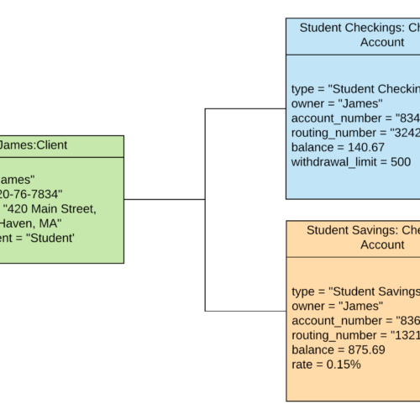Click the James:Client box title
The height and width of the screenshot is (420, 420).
point(34,145)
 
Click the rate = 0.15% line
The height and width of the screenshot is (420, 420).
point(328,364)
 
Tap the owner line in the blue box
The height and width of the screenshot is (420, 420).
point(336,103)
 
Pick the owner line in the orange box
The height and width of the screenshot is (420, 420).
point(336,306)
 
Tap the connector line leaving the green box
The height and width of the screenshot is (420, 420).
point(164,199)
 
